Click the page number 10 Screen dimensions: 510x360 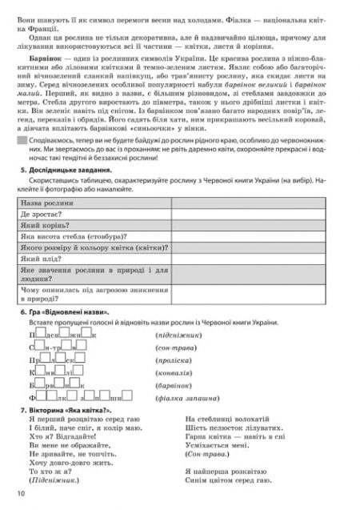(x=19, y=496)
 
